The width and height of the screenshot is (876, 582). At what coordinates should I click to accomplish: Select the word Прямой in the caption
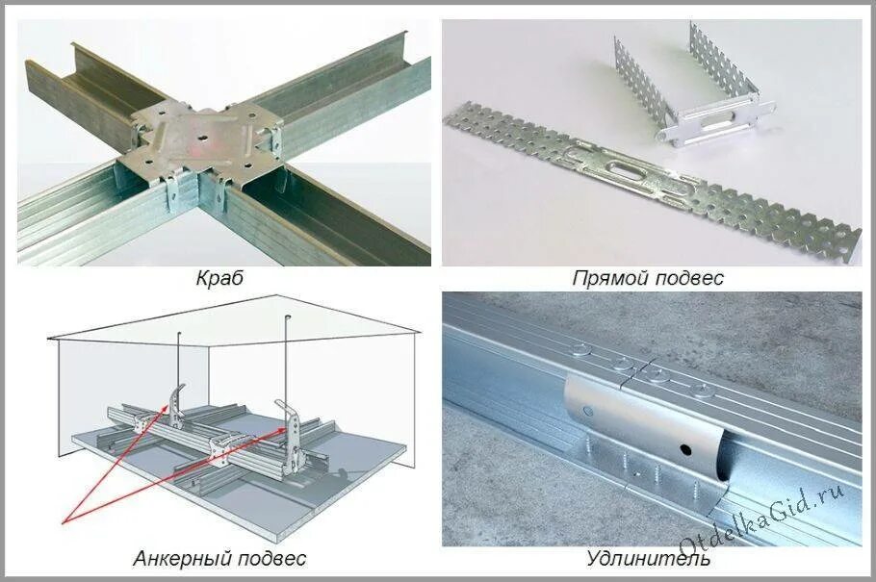pos(604,279)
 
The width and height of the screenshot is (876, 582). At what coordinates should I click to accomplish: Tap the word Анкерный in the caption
pos(178,558)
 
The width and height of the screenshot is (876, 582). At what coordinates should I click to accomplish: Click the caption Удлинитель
pos(648,558)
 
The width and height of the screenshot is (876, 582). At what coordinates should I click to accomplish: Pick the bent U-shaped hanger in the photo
pos(685,91)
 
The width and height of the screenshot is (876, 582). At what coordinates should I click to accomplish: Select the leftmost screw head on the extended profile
pos(583,348)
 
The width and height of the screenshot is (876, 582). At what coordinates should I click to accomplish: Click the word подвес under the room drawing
pos(273,558)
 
